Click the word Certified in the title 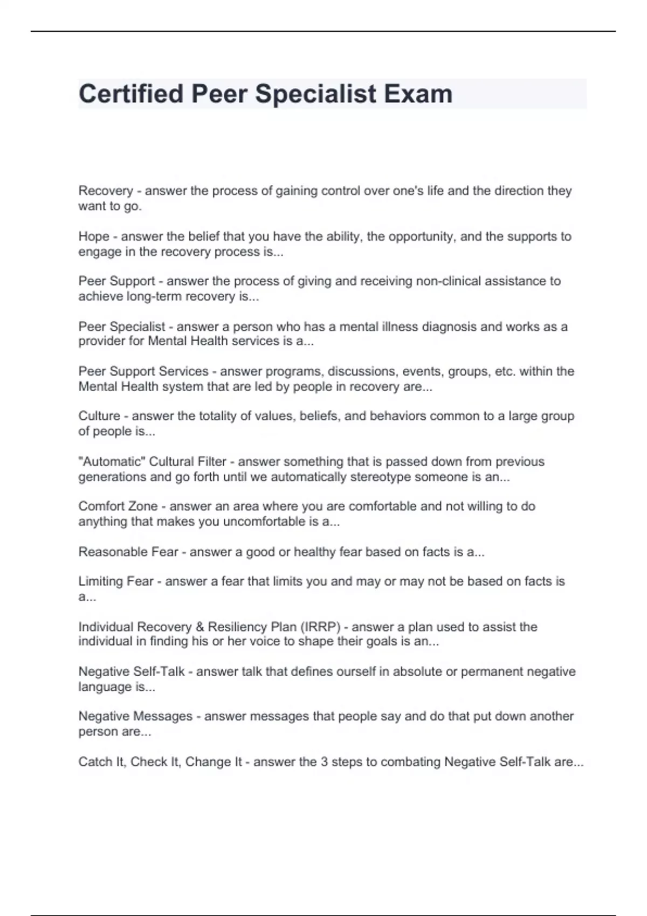click(x=131, y=94)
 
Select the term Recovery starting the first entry click(x=106, y=191)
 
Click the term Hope click(x=94, y=236)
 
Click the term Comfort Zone click(x=118, y=506)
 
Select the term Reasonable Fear click(x=128, y=552)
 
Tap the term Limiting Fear click(x=116, y=581)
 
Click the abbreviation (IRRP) click(x=320, y=627)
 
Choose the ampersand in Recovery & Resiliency click(x=199, y=627)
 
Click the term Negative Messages click(x=135, y=716)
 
